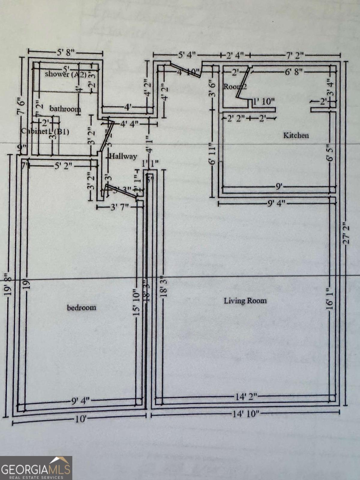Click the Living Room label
pos(245,301)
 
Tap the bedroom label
pos(81,307)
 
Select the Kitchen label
pos(296,135)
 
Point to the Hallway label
pos(123,156)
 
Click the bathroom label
pos(65,109)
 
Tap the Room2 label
pos(235,87)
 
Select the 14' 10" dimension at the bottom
pos(245,414)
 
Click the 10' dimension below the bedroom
pos(81,419)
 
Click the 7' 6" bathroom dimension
pos(22,103)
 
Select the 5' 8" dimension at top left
pos(65,53)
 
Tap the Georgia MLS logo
pos(36,468)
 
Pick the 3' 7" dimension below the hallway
pos(119,207)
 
